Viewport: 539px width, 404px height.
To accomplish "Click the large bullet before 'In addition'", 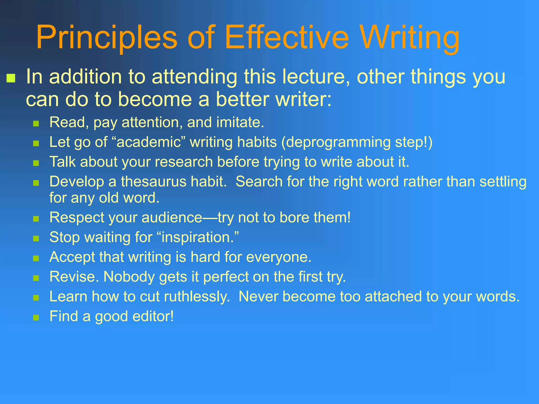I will (x=11, y=78).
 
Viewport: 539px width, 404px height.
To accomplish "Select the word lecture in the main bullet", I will (x=316, y=77).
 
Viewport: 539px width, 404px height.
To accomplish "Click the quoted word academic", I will (x=149, y=142).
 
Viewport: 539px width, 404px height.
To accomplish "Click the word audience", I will (x=172, y=218).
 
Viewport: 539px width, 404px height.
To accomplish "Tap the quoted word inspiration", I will (x=197, y=238).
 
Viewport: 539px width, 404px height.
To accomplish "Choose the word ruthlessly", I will (x=197, y=297).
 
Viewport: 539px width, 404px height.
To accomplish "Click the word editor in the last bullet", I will (x=153, y=316).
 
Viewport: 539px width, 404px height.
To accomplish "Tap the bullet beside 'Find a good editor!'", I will (x=36, y=317).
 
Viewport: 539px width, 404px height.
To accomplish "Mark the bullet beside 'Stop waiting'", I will (x=36, y=239).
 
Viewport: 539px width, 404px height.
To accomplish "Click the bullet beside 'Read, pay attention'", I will (x=36, y=124).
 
